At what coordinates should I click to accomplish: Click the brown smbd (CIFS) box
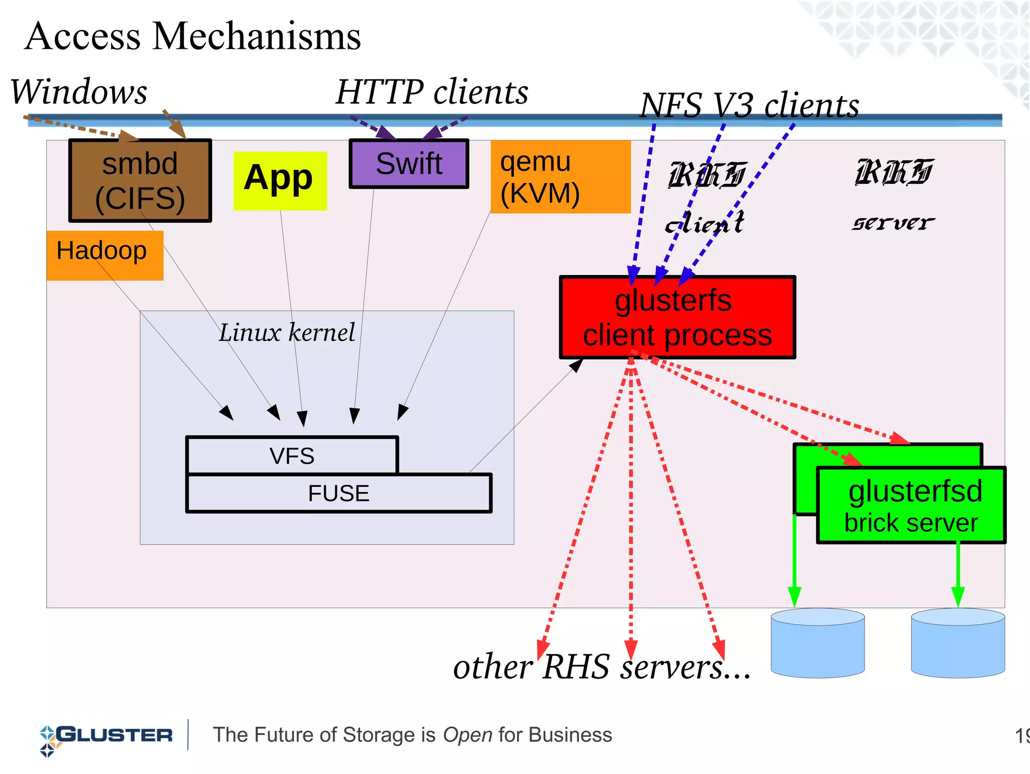pos(140,181)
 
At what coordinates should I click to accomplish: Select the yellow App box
pos(280,181)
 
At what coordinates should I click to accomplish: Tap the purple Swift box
pos(409,164)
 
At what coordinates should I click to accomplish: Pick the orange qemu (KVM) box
pos(560,177)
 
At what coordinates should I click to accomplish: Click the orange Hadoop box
pos(104,255)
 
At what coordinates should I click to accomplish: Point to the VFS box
pos(292,456)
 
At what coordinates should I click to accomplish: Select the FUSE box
pos(338,493)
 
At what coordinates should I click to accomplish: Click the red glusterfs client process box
pos(677,317)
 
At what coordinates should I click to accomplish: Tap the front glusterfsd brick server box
pos(911,505)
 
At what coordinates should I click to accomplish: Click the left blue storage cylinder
pos(817,644)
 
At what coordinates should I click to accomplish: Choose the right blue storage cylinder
pos(958,644)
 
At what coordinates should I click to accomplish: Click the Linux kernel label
pos(287,332)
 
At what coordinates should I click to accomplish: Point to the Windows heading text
pos(79,92)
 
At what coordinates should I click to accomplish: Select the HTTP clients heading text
pos(432,92)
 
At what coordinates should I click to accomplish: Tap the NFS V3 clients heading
pos(749,106)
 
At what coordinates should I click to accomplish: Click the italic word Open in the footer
pos(467,735)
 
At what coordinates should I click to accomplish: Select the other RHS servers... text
pos(602,667)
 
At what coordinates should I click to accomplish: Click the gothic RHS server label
pos(893,194)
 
